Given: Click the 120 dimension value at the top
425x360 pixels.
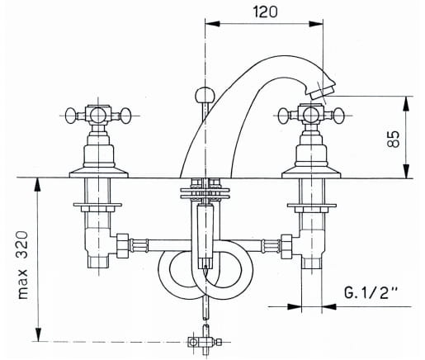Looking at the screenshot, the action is pos(265,12).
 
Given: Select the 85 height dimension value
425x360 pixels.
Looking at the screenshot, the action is pos(394,139).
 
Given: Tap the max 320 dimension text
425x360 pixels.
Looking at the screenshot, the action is pos(22,265).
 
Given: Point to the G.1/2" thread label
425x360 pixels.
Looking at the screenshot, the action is pos(371,292).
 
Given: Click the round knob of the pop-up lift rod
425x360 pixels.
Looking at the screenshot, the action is pos(204,95).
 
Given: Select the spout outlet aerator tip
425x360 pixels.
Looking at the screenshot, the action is pos(322,92).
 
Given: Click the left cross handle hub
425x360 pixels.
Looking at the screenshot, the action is pos(98,115).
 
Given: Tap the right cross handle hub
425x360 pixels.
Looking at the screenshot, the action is pos(311,115).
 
